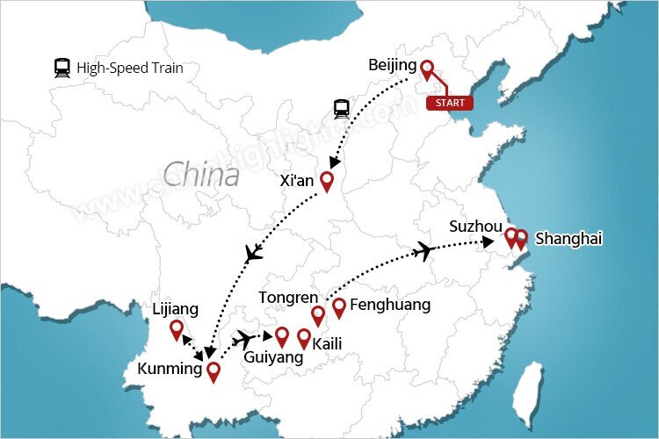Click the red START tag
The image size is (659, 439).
tap(449, 103)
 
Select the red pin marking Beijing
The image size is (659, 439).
tap(427, 69)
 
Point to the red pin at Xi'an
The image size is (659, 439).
tap(327, 181)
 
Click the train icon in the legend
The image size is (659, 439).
tap(62, 68)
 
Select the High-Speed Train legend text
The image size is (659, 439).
tap(130, 68)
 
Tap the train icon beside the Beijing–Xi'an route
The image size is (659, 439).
tap(341, 109)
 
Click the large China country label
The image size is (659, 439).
tap(201, 174)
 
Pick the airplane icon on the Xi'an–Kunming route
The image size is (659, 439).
tap(254, 255)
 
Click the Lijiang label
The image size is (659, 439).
tap(176, 309)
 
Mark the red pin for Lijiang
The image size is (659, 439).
tap(177, 329)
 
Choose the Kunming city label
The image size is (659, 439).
tap(170, 369)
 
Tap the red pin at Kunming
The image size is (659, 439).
tap(212, 371)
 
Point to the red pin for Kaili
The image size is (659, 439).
tap(304, 337)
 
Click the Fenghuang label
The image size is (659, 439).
tap(390, 305)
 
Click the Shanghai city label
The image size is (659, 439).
tap(570, 238)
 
